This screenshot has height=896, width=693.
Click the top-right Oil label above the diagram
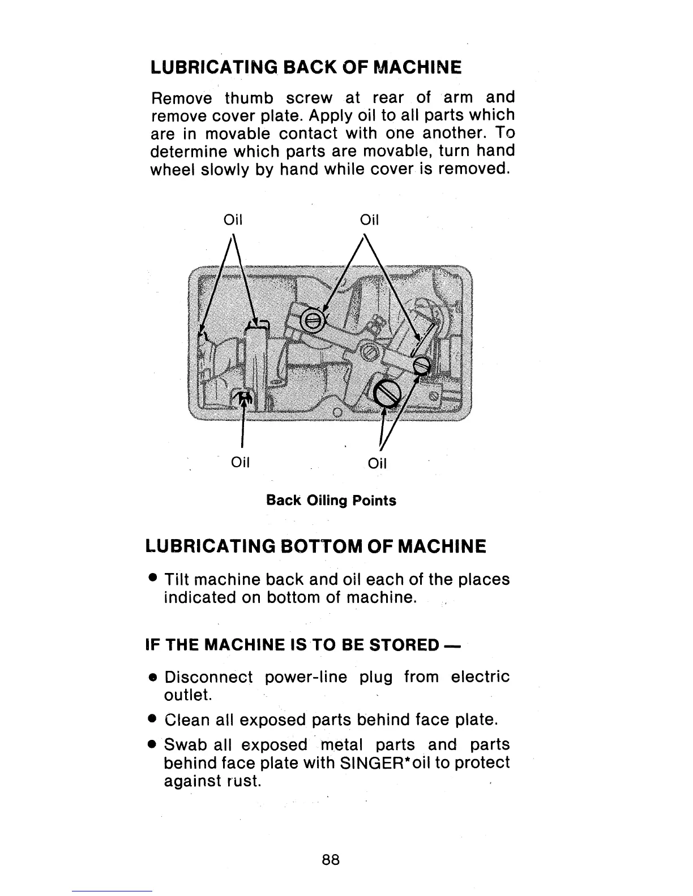click(369, 220)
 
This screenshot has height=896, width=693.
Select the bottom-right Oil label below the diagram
click(377, 464)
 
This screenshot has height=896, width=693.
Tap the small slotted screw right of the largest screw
click(422, 366)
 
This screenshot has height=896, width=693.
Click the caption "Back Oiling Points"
click(331, 501)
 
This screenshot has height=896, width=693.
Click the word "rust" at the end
click(243, 782)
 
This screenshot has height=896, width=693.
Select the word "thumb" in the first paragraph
click(250, 98)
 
